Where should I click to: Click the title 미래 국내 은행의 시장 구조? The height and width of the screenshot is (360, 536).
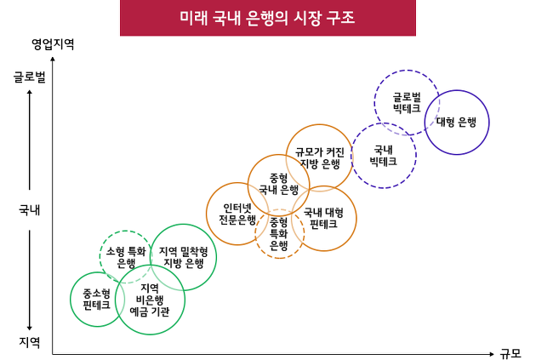(x=268, y=18)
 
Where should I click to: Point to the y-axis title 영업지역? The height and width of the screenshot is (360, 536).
(x=53, y=44)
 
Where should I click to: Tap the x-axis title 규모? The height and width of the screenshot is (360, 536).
(x=510, y=353)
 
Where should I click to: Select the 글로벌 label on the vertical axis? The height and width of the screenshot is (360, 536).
(x=30, y=77)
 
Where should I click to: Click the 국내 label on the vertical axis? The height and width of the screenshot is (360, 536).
(x=30, y=209)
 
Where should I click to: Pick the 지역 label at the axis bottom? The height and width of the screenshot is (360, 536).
(x=30, y=342)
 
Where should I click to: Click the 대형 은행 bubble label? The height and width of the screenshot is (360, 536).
(x=456, y=122)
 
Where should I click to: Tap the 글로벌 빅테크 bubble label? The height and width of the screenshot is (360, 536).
(x=407, y=103)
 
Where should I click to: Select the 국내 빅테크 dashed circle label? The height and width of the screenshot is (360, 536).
(x=383, y=156)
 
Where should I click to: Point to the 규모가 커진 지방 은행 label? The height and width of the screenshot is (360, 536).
(x=320, y=158)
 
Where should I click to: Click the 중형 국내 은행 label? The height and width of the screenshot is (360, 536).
(x=278, y=184)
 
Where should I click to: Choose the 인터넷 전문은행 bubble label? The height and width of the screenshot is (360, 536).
(x=237, y=214)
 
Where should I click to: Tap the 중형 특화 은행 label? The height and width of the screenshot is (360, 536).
(x=279, y=234)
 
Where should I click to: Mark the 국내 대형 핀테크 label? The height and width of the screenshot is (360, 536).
(x=323, y=218)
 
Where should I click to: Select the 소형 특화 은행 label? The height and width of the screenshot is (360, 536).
(x=126, y=257)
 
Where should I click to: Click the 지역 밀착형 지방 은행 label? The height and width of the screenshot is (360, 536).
(x=184, y=257)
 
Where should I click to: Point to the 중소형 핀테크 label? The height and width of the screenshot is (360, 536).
(x=97, y=299)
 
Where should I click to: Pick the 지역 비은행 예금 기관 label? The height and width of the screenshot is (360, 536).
(x=150, y=300)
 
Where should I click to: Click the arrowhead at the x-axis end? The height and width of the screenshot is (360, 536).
(x=492, y=354)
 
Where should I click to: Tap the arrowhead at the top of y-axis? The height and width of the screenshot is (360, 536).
(x=53, y=59)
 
